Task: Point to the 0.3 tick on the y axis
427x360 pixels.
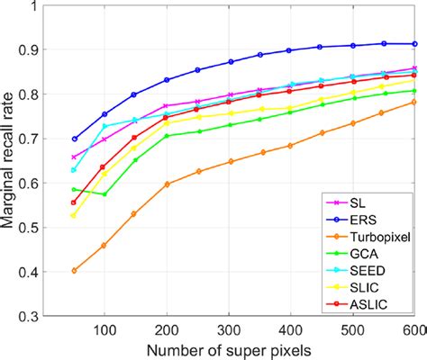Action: (x=33, y=317)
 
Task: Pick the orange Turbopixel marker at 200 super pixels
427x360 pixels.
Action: (x=167, y=184)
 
